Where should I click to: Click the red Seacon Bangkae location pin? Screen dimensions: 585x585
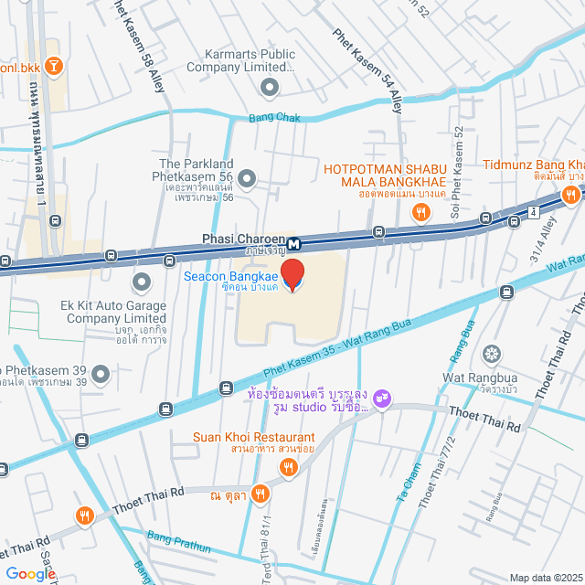tap(292, 274)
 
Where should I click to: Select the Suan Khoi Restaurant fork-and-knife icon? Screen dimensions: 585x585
tap(289, 468)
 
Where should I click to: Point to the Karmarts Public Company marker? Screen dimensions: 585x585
tap(270, 88)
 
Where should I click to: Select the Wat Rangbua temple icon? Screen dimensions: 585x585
tap(492, 354)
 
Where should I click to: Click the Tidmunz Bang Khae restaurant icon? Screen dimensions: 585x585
tap(571, 194)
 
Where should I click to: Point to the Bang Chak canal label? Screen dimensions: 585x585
tap(275, 118)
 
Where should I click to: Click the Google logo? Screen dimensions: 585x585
tap(29, 574)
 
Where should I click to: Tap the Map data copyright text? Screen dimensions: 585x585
tap(546, 578)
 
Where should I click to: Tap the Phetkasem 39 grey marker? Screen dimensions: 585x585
tap(101, 373)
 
